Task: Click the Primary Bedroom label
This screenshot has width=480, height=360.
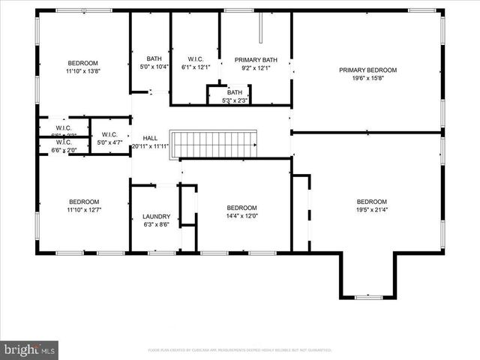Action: click(x=367, y=70)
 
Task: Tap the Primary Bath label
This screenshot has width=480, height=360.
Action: click(x=252, y=59)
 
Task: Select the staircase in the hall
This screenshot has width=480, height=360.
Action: click(x=214, y=143)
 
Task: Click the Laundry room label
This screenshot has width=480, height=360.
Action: click(x=156, y=216)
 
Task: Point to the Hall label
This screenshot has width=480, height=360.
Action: click(x=150, y=138)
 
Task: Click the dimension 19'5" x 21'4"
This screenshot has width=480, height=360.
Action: click(x=371, y=210)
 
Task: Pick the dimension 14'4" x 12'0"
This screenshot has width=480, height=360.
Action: click(x=241, y=216)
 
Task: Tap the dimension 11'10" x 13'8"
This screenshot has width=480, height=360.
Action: click(x=83, y=70)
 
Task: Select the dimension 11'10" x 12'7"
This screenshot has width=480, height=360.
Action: click(x=83, y=210)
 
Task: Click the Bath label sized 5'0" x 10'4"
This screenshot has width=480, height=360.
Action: click(x=154, y=59)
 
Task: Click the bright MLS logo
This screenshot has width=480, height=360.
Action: click(x=29, y=349)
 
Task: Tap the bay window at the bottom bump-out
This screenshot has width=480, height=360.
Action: click(x=367, y=297)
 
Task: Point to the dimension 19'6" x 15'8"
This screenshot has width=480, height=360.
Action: click(x=367, y=78)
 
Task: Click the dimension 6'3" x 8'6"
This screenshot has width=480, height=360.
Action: click(x=156, y=224)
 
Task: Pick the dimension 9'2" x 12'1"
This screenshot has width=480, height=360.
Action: click(x=252, y=67)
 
